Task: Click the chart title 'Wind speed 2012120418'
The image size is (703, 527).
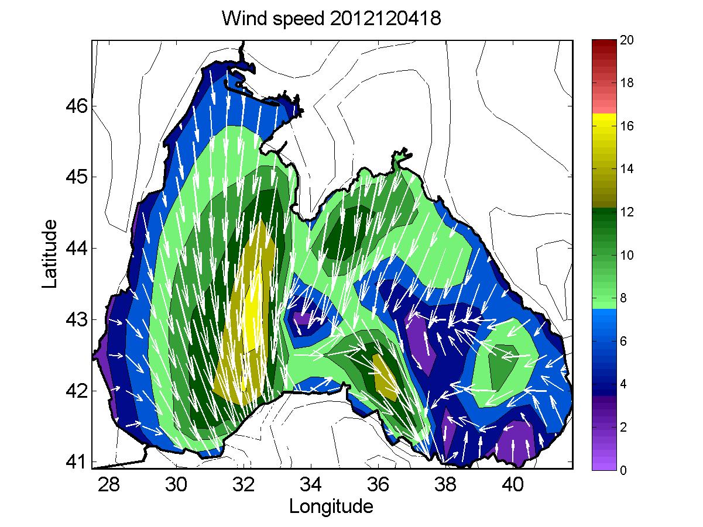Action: tap(331, 19)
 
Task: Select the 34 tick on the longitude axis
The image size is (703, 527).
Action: tap(310, 485)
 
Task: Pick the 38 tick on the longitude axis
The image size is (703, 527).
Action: tap(445, 485)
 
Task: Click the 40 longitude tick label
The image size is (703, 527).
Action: tap(513, 485)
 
